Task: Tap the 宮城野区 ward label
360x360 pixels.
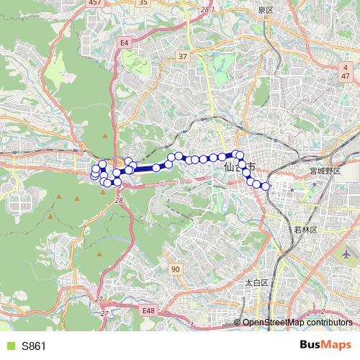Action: pos(323,171)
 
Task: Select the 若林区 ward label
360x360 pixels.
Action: pos(301,229)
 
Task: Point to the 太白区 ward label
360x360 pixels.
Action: pos(256,283)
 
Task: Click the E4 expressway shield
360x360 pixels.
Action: pos(125,43)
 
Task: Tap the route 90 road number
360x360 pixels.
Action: pos(176,269)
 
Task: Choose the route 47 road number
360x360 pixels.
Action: pos(346,75)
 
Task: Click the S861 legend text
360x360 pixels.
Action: pos(34,346)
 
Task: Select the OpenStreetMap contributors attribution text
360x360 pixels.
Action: pos(297,323)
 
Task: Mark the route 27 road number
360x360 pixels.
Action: pos(104,314)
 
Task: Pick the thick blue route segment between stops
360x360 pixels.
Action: pos(144,169)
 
